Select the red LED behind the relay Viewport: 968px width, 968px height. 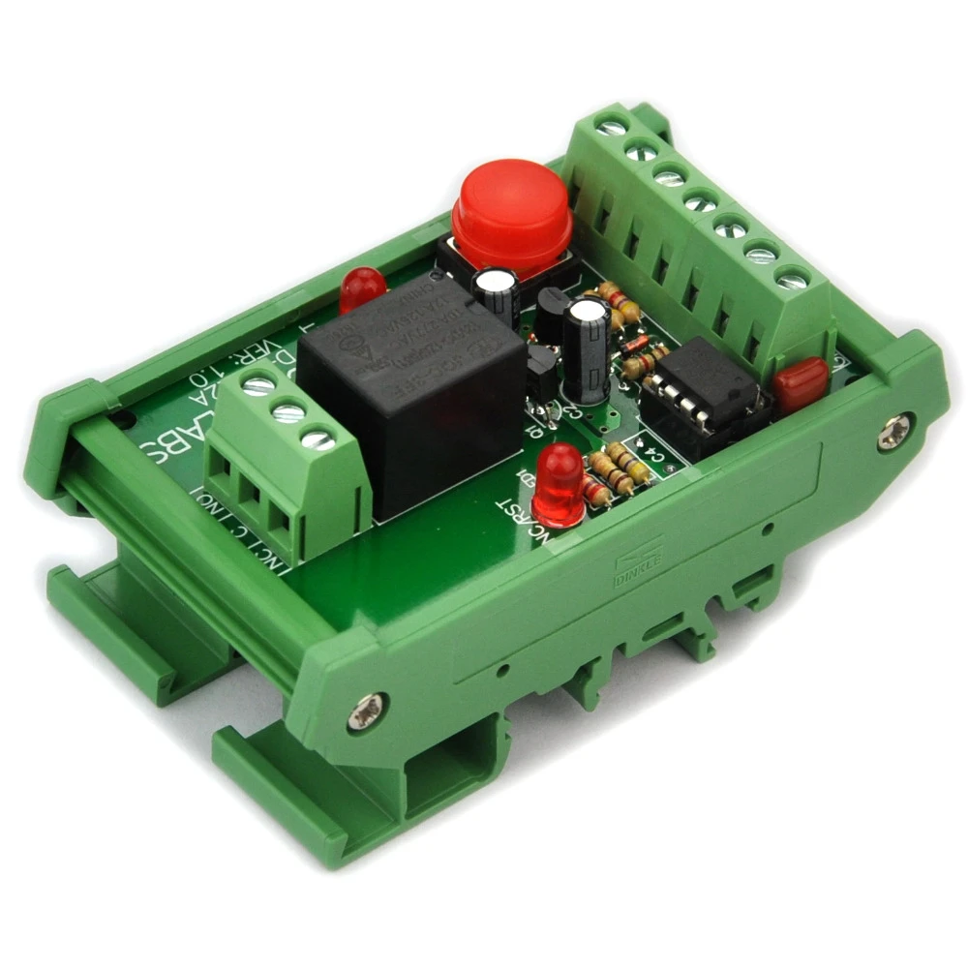(363, 287)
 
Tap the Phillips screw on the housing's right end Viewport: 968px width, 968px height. (894, 433)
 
